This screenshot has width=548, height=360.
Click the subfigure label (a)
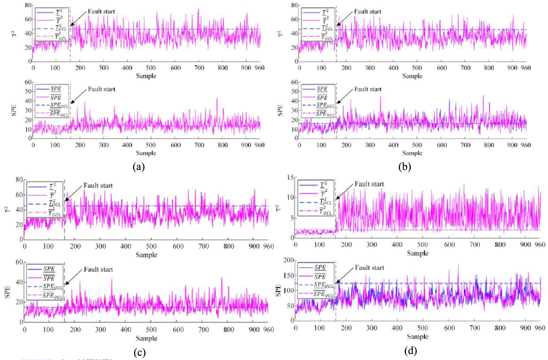tap(139, 167)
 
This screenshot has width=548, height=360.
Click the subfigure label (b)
tap(404, 167)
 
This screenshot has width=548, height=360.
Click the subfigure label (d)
tap(410, 351)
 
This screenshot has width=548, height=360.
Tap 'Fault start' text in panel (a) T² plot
tap(101, 11)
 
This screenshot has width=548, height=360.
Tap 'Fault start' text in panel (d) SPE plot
tap(369, 268)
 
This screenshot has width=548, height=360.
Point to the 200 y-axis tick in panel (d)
tap(289, 260)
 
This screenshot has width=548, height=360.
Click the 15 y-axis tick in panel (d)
tap(290, 177)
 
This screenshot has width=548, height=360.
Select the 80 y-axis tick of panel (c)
tap(19, 180)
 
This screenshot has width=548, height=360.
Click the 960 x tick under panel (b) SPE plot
tap(525, 145)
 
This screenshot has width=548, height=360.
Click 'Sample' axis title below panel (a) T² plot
tap(146, 76)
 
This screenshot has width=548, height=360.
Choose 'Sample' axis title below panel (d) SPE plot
tap(418, 336)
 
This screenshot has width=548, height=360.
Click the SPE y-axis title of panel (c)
tap(7, 291)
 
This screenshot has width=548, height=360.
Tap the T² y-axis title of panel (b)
tap(280, 34)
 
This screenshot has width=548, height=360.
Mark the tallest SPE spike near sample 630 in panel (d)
tap(458, 265)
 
